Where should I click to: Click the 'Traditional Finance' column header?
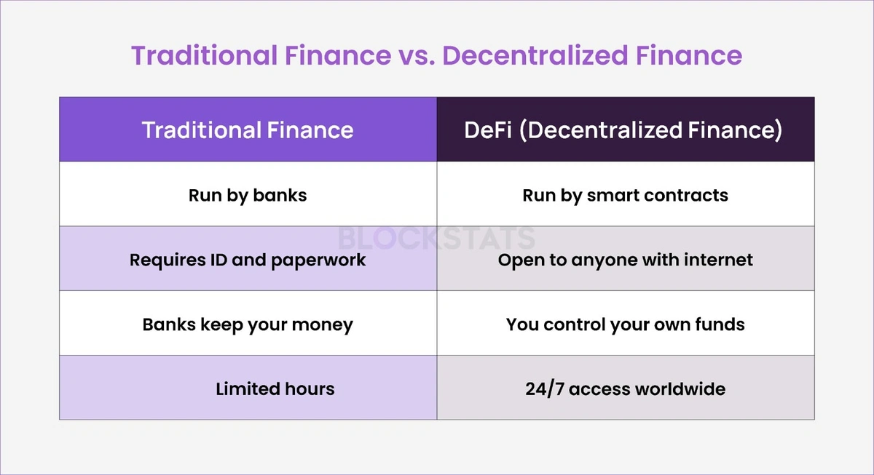click(248, 129)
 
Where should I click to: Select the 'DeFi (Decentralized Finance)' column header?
click(626, 129)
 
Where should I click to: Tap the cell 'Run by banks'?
click(248, 193)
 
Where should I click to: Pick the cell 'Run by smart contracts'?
click(626, 193)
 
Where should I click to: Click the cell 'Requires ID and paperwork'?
click(248, 258)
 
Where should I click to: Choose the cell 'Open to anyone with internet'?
click(626, 258)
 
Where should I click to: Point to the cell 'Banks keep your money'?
click(248, 323)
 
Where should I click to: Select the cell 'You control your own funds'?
click(626, 323)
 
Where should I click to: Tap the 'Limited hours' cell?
click(248, 387)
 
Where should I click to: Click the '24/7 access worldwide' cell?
click(626, 387)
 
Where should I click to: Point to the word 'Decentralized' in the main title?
click(535, 55)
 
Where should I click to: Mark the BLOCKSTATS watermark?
click(436, 238)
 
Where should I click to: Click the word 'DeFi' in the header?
click(488, 129)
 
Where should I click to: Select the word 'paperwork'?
click(318, 260)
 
